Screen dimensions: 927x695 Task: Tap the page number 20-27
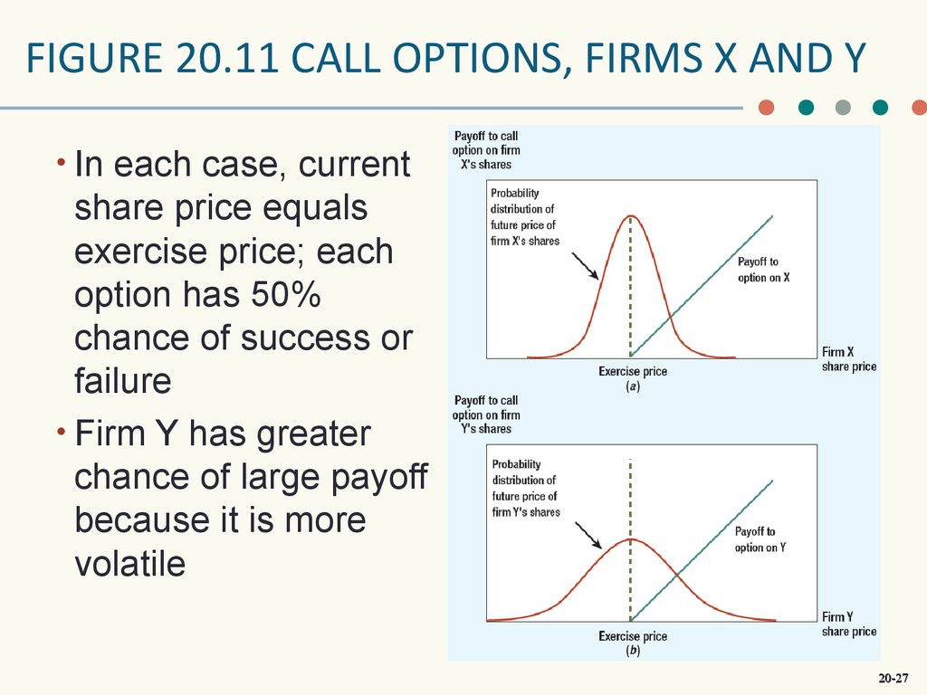click(x=894, y=678)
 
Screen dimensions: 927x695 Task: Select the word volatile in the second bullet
click(x=130, y=563)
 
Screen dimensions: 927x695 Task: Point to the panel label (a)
click(x=633, y=386)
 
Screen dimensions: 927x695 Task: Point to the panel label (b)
click(x=633, y=651)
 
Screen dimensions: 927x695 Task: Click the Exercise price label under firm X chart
click(x=633, y=371)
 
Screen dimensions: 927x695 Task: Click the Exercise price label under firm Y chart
click(x=633, y=636)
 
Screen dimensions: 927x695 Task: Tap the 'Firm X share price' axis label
click(x=849, y=358)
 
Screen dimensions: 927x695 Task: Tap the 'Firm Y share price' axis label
click(x=849, y=624)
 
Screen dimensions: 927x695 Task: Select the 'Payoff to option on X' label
click(x=764, y=270)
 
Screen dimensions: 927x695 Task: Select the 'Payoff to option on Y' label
click(x=760, y=539)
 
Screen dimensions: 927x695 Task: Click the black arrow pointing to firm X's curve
click(x=585, y=266)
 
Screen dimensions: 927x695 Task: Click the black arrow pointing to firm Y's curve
click(x=588, y=536)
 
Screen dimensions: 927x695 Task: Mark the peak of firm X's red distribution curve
click(x=631, y=215)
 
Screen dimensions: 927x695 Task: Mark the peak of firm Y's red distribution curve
click(x=631, y=539)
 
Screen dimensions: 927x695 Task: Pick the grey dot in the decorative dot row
click(x=843, y=107)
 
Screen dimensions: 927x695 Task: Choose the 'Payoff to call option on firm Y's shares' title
click(x=486, y=414)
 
